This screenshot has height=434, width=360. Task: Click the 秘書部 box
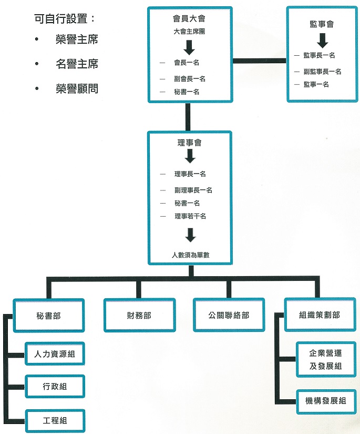(48, 315)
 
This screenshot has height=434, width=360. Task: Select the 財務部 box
(138, 315)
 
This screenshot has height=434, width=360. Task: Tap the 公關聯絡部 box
(228, 315)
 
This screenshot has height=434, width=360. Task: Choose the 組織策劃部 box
(319, 315)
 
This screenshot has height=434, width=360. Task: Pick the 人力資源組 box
(55, 354)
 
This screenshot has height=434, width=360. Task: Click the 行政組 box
(55, 387)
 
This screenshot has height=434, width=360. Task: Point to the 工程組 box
(55, 420)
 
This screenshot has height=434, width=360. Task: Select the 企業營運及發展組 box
(325, 359)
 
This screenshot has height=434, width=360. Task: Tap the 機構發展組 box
(325, 401)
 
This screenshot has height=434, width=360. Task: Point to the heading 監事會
(322, 24)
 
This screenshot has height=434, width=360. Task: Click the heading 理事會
(189, 143)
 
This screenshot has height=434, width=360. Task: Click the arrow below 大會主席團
(190, 48)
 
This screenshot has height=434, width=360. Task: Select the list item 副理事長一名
(193, 190)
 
